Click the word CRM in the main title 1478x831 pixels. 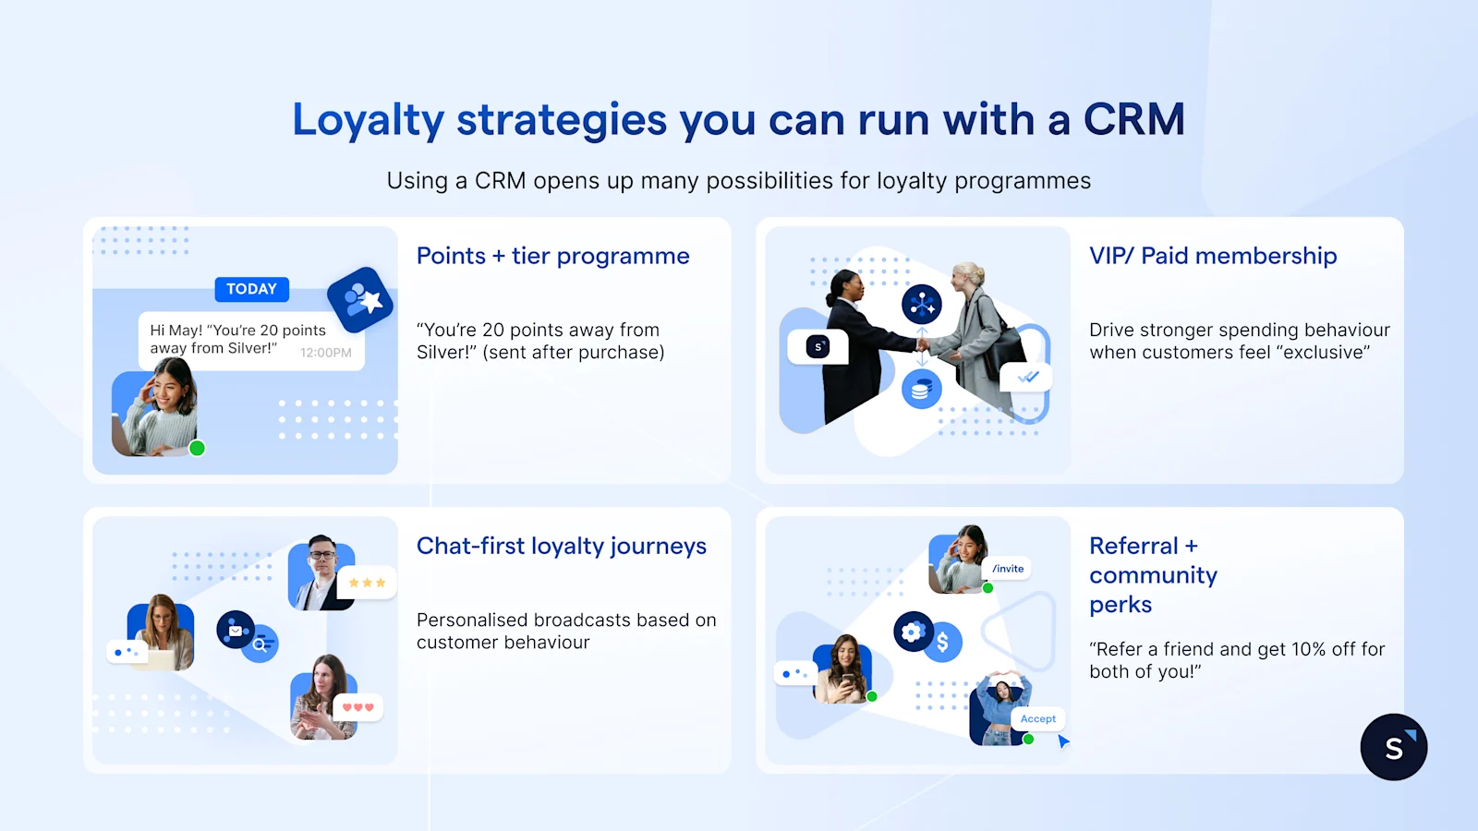[x=1133, y=120]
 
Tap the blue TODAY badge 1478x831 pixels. [x=251, y=289]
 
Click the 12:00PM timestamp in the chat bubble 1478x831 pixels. [x=325, y=353]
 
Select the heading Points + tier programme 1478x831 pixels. [x=552, y=256]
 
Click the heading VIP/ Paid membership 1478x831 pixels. [x=1212, y=256]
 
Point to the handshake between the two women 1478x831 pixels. [x=921, y=344]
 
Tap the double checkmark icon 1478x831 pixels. [x=1027, y=377]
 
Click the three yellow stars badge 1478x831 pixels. [x=367, y=583]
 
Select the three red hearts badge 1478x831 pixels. [x=357, y=707]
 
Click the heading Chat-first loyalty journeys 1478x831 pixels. [x=561, y=546]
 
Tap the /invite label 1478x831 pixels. [x=1008, y=569]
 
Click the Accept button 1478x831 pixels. [x=1037, y=718]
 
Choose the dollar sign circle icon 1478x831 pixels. [x=942, y=642]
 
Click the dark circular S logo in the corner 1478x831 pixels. [x=1393, y=747]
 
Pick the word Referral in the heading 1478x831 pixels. [x=1133, y=546]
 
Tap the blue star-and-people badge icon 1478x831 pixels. [x=360, y=299]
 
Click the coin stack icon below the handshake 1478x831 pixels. [x=921, y=390]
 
